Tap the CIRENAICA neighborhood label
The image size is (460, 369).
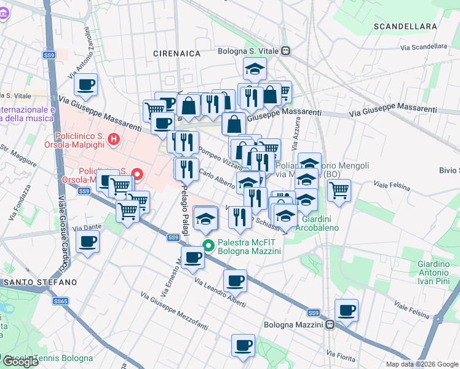tap(177, 54)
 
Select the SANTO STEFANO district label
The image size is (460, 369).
tap(40, 282)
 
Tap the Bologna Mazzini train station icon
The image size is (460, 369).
tap(330, 325)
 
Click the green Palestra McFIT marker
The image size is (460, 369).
tap(209, 246)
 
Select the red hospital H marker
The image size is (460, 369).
tap(113, 140)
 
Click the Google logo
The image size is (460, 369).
tap(20, 362)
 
